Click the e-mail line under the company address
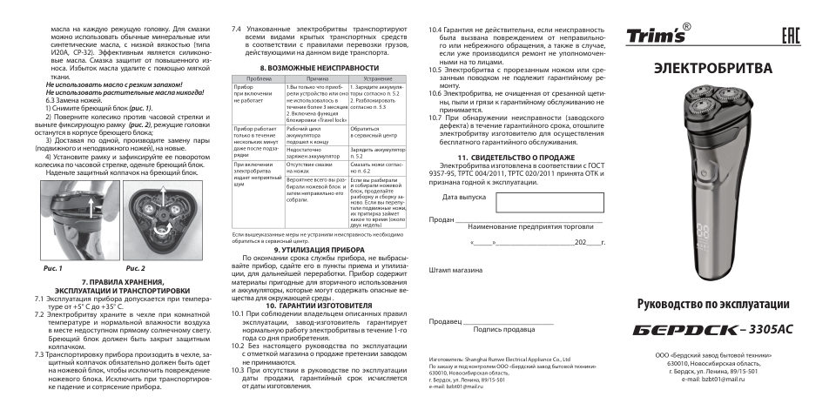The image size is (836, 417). [x=711, y=380]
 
